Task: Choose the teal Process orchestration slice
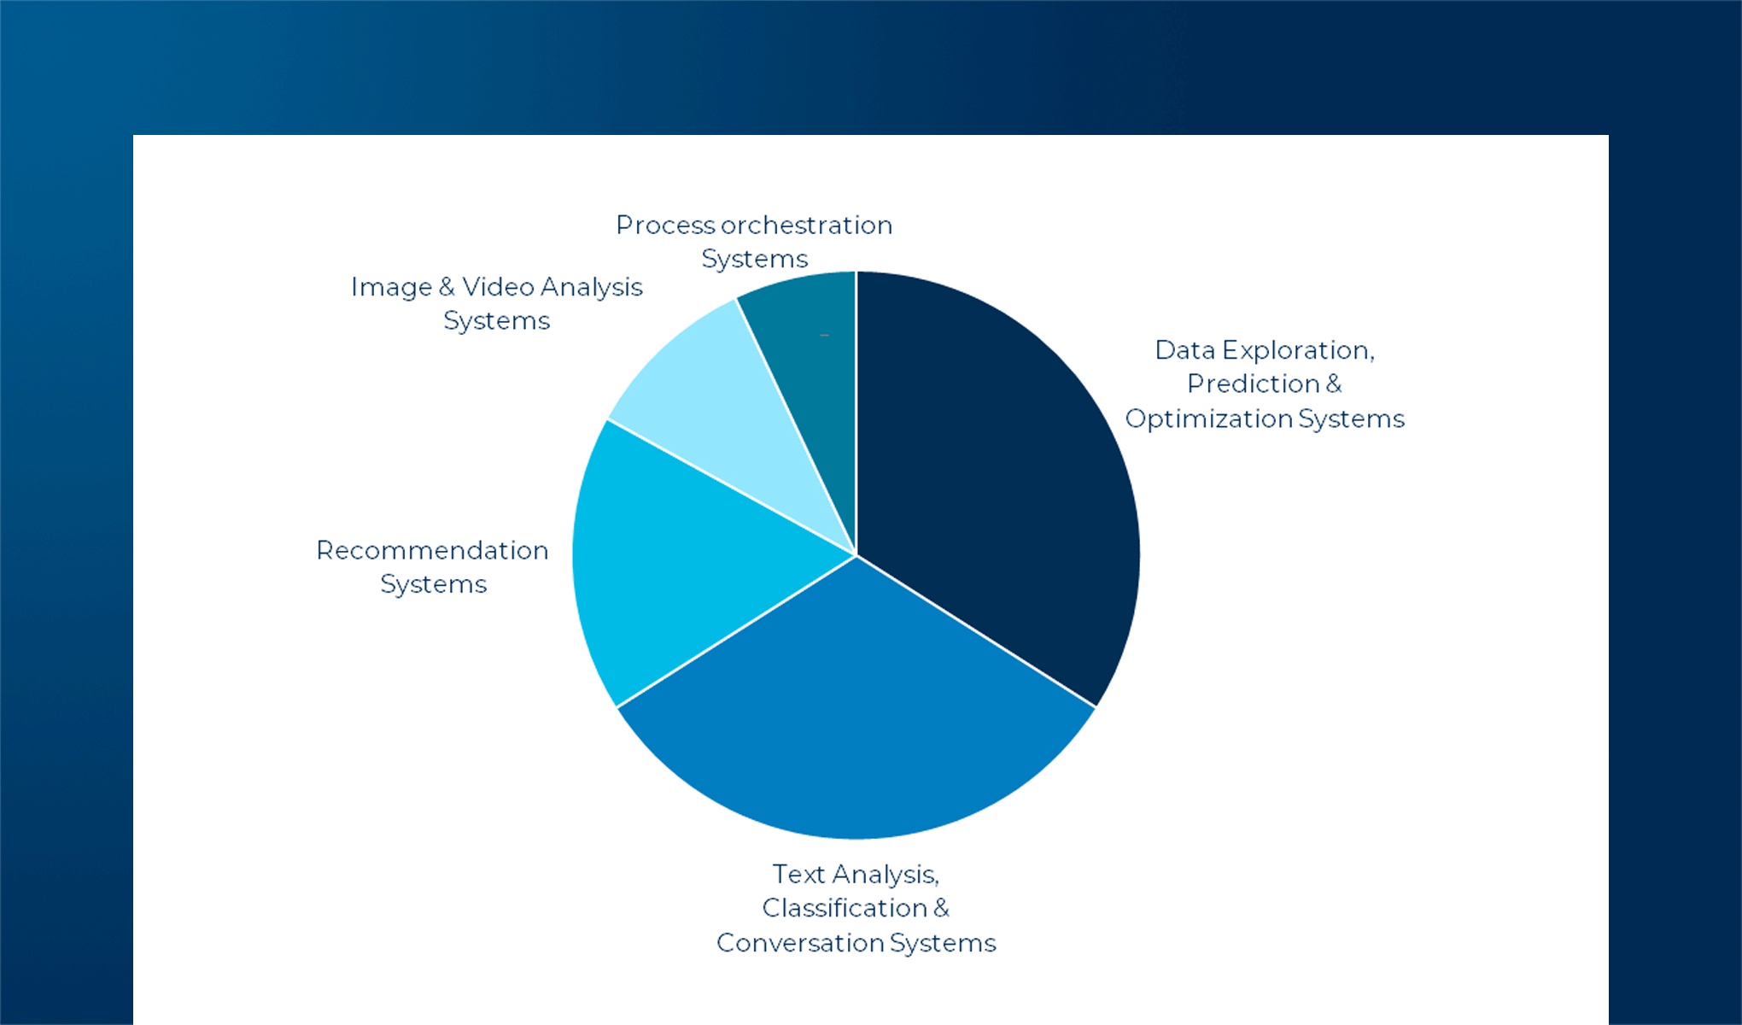click(x=811, y=359)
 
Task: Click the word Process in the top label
click(x=665, y=225)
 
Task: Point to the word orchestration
click(x=806, y=225)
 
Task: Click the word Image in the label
click(x=391, y=287)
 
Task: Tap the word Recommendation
click(x=432, y=550)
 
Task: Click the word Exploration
click(x=1298, y=350)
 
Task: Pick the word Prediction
click(x=1254, y=384)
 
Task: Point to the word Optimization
click(x=1208, y=419)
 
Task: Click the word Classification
click(x=845, y=907)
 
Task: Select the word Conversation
click(x=800, y=942)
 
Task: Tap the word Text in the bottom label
click(x=798, y=874)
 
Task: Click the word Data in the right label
click(x=1185, y=350)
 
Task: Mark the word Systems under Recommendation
click(x=433, y=584)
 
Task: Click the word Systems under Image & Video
click(x=496, y=321)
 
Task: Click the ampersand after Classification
click(x=941, y=907)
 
